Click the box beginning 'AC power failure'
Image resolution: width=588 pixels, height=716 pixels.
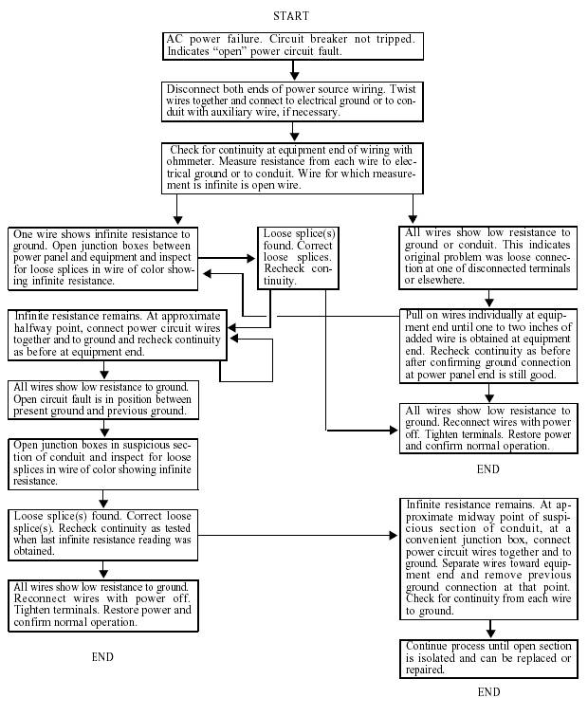click(x=293, y=46)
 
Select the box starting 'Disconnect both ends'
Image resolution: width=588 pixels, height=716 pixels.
click(x=293, y=101)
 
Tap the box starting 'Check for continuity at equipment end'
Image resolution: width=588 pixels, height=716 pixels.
click(x=293, y=167)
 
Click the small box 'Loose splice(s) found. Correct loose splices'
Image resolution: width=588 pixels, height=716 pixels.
click(x=297, y=257)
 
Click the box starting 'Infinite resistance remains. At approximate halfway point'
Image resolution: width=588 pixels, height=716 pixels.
click(x=118, y=334)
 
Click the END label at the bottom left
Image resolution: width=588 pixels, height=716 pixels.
click(x=102, y=656)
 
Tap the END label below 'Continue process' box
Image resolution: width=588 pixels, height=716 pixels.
click(x=487, y=692)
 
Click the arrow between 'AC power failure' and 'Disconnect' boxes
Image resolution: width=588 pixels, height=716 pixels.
click(x=294, y=71)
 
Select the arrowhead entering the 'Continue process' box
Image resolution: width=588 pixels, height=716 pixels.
click(x=489, y=633)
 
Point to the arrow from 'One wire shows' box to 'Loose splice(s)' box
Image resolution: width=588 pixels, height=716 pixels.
click(x=228, y=257)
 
